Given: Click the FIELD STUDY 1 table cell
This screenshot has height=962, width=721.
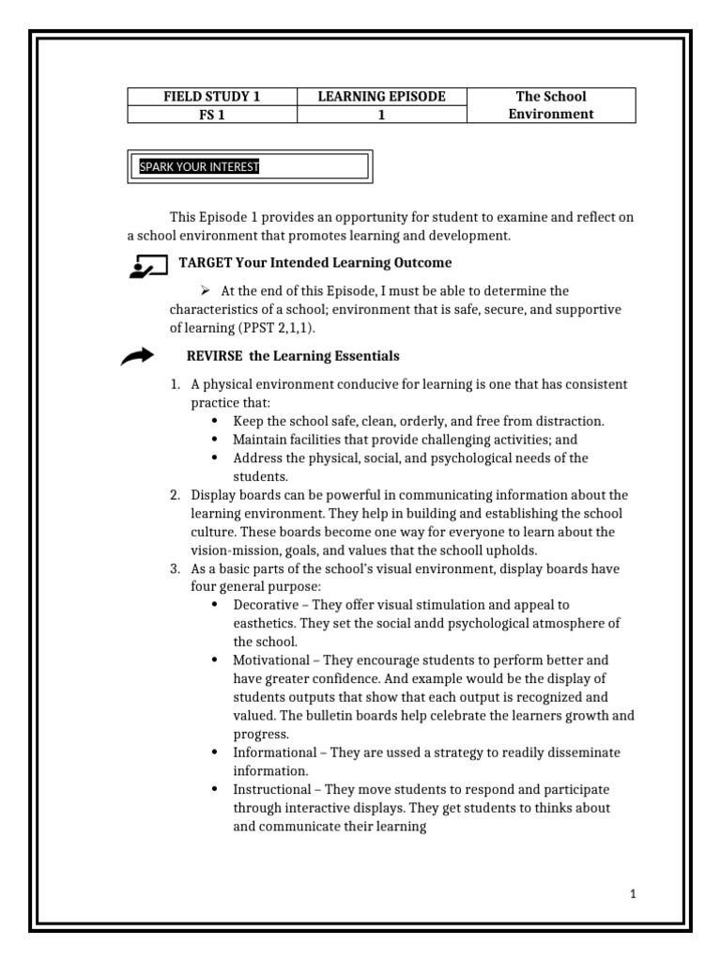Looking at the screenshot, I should (212, 97).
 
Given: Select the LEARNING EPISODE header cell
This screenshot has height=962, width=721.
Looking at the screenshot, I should (381, 97).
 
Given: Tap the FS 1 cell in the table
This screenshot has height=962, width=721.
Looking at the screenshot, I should (212, 115).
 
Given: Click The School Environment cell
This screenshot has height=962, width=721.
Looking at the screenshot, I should (550, 105).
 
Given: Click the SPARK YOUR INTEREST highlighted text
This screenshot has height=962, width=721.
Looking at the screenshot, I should (199, 167).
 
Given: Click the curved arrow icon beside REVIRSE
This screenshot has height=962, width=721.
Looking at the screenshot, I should (138, 356).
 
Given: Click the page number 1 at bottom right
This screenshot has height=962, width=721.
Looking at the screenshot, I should (634, 894).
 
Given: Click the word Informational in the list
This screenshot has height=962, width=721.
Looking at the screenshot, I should (275, 753).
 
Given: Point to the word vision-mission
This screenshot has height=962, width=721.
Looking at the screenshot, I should (230, 550).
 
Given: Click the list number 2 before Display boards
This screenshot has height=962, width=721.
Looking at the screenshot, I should (175, 494).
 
